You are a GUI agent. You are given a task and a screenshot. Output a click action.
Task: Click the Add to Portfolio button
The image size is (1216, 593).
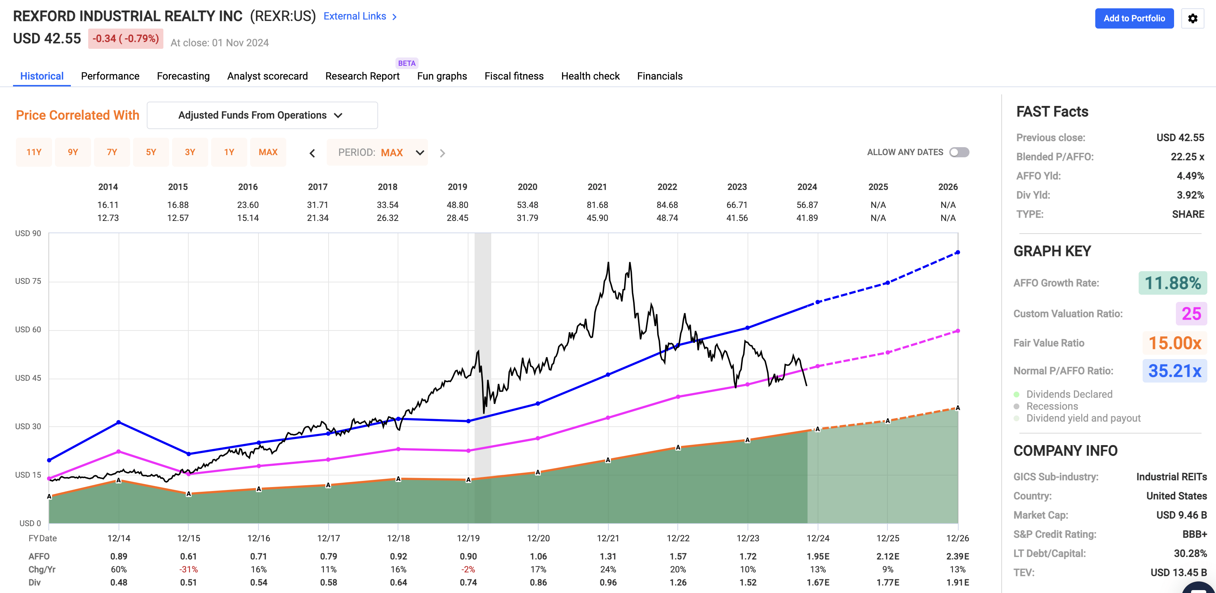pyautogui.click(x=1134, y=18)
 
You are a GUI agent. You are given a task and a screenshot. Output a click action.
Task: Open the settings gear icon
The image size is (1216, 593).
pyautogui.click(x=1193, y=18)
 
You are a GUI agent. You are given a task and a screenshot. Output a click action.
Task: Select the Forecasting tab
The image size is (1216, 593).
pyautogui.click(x=183, y=76)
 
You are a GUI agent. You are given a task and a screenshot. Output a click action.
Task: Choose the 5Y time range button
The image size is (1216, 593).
pyautogui.click(x=151, y=152)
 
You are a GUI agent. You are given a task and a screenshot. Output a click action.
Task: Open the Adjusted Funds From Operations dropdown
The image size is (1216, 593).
pyautogui.click(x=262, y=115)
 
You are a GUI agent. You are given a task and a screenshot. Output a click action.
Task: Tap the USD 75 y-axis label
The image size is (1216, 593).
pyautogui.click(x=28, y=281)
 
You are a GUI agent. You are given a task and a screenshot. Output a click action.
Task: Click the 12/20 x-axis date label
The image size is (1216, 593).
pyautogui.click(x=538, y=538)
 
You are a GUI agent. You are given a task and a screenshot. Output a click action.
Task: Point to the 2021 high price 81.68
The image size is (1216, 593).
pyautogui.click(x=597, y=205)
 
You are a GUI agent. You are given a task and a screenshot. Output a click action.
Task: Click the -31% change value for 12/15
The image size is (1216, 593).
pyautogui.click(x=188, y=569)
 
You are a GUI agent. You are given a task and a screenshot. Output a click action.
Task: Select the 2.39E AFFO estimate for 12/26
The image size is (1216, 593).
pyautogui.click(x=957, y=556)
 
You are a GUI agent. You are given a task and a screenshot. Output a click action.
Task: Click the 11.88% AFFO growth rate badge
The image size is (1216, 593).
pyautogui.click(x=1172, y=283)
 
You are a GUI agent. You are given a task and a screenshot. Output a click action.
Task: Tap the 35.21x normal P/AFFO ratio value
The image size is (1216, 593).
pyautogui.click(x=1174, y=371)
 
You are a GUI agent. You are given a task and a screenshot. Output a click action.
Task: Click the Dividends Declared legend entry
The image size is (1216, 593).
pyautogui.click(x=1069, y=394)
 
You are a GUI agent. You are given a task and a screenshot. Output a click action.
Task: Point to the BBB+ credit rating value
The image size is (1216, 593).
pyautogui.click(x=1194, y=534)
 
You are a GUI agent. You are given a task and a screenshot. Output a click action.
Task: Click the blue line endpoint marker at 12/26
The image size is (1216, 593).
pyautogui.click(x=957, y=253)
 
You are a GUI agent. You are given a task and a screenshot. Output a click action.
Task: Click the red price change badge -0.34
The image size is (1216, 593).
pyautogui.click(x=125, y=38)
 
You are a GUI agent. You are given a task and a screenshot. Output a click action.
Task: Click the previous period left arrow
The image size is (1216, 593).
pyautogui.click(x=312, y=153)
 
